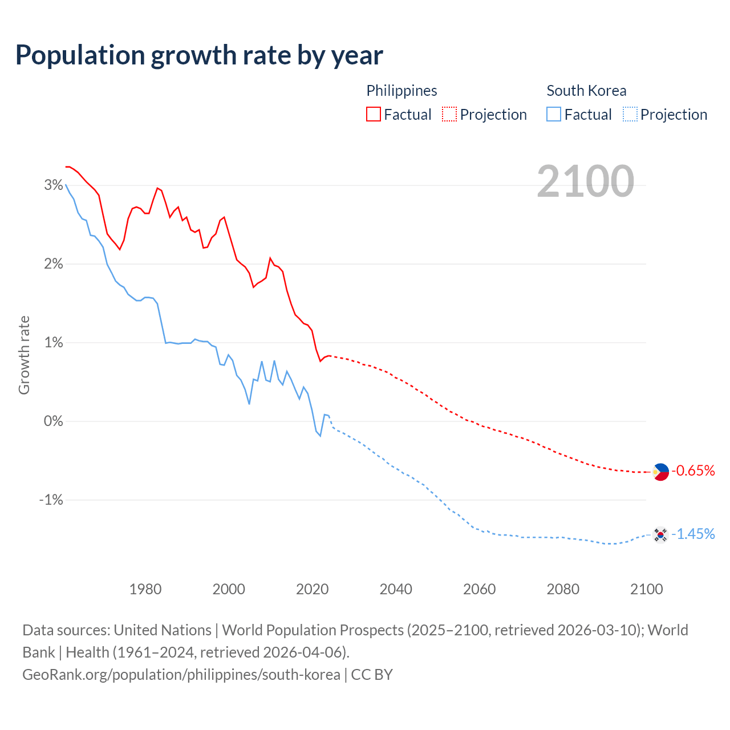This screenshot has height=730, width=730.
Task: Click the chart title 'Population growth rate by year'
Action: [199, 55]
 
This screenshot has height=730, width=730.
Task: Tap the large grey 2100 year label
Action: [585, 181]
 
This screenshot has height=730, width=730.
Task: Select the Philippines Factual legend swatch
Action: [373, 114]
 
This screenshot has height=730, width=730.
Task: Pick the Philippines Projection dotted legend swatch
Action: [449, 114]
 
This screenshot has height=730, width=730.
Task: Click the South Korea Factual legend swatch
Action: [554, 114]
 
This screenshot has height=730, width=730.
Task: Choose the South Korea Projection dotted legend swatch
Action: [630, 114]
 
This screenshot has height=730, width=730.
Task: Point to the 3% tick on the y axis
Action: [53, 185]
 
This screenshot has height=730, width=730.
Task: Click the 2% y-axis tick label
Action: [53, 263]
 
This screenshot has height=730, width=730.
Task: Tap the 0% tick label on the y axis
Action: [53, 421]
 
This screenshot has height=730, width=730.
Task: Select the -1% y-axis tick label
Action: [51, 500]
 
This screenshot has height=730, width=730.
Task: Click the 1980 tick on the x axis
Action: [145, 589]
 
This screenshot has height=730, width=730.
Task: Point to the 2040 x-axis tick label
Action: [396, 589]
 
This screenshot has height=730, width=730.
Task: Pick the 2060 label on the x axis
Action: [479, 589]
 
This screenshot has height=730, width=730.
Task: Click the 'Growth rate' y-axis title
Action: [24, 355]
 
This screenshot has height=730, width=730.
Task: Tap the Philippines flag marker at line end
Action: [660, 472]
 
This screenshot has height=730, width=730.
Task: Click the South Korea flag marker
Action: [660, 534]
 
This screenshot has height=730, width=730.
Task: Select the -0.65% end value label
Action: [693, 471]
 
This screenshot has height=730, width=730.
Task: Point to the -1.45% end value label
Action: [693, 534]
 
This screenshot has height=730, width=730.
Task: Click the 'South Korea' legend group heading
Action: [586, 91]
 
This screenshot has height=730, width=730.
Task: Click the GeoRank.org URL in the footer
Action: [181, 674]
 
